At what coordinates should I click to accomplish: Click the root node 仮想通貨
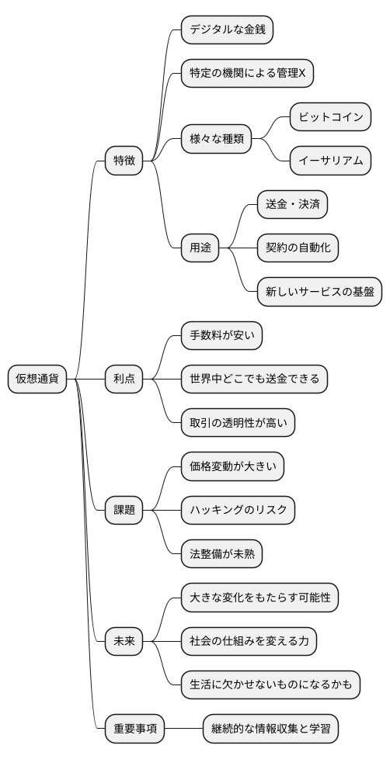pos(37,379)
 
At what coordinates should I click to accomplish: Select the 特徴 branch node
pos(124,161)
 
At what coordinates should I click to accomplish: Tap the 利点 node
pos(124,379)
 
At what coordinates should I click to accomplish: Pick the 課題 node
pos(124,510)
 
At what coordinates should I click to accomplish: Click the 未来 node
pos(124,641)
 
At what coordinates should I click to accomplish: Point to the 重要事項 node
pos(136,729)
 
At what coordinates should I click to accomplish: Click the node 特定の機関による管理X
pos(247,73)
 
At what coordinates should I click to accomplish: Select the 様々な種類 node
pos(217,139)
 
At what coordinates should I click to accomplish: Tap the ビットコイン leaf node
pos(330,117)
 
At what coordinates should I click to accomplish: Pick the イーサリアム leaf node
pos(330,161)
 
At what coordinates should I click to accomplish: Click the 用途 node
pos(200,248)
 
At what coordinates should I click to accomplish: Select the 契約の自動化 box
pos(298,248)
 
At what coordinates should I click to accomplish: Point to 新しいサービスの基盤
pos(319,292)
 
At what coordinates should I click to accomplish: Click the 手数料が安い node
pos(221,335)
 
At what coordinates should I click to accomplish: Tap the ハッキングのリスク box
pos(238,510)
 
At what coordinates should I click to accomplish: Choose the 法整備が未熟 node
pos(221,554)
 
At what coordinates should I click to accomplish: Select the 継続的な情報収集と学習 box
pos(270,729)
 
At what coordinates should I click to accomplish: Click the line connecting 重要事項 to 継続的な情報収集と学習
pos(184,729)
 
